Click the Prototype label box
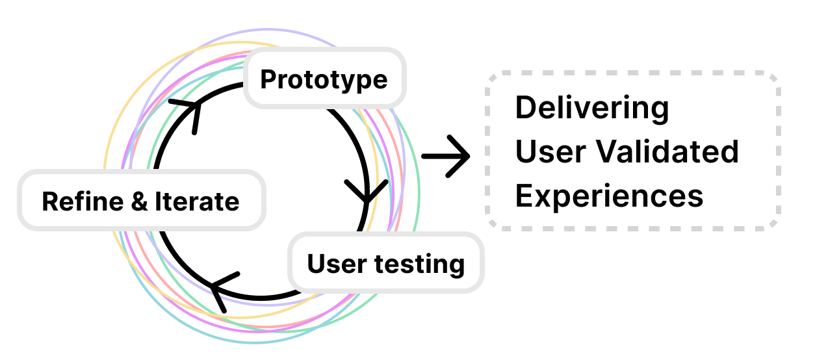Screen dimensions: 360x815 point(324,79)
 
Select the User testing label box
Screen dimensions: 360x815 point(386,264)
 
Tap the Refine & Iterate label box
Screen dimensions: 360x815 point(140,201)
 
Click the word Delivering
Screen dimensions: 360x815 point(591,108)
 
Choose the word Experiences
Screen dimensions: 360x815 point(609,195)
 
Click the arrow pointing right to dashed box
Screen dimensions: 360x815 point(446,156)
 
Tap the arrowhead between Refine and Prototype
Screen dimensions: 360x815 point(189,110)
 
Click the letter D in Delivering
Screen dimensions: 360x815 point(525,108)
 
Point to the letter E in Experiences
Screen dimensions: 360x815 point(524,195)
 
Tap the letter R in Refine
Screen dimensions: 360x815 point(49,201)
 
